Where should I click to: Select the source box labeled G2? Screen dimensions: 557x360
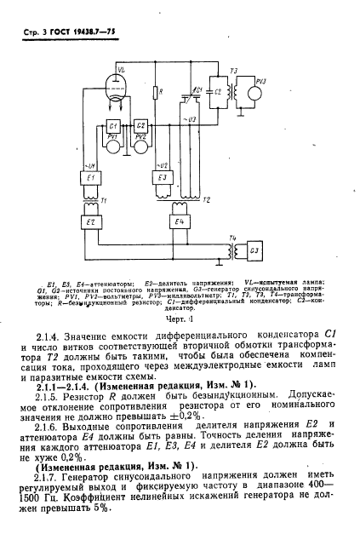coord(140,126)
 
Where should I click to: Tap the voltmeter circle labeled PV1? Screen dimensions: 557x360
coord(111,141)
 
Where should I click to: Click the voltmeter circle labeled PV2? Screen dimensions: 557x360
coord(141,141)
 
